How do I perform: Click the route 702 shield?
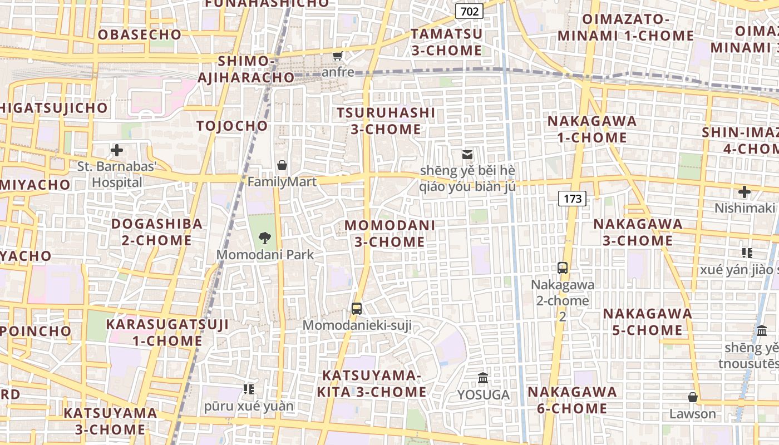tap(469, 11)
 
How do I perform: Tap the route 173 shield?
tap(572, 199)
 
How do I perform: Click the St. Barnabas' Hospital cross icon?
tap(117, 150)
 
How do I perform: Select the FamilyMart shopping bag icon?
tap(282, 165)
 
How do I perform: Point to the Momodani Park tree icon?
tap(265, 239)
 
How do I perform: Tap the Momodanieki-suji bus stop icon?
tap(357, 308)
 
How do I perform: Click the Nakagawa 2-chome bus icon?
tap(563, 268)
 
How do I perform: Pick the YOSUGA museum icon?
tap(483, 378)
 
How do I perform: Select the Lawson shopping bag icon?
tap(693, 397)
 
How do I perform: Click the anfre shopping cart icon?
tap(337, 55)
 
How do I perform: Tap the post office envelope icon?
tap(467, 154)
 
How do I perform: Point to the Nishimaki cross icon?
tap(745, 192)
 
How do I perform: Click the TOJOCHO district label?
tap(232, 126)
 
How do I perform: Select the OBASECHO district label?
tap(140, 34)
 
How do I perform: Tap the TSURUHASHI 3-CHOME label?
tap(386, 121)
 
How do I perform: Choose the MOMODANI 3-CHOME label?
tap(390, 234)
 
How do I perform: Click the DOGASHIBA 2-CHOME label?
tap(157, 232)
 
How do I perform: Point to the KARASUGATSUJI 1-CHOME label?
tap(167, 333)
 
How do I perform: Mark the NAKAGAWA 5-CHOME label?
tap(648, 322)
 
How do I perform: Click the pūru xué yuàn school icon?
tap(249, 389)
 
